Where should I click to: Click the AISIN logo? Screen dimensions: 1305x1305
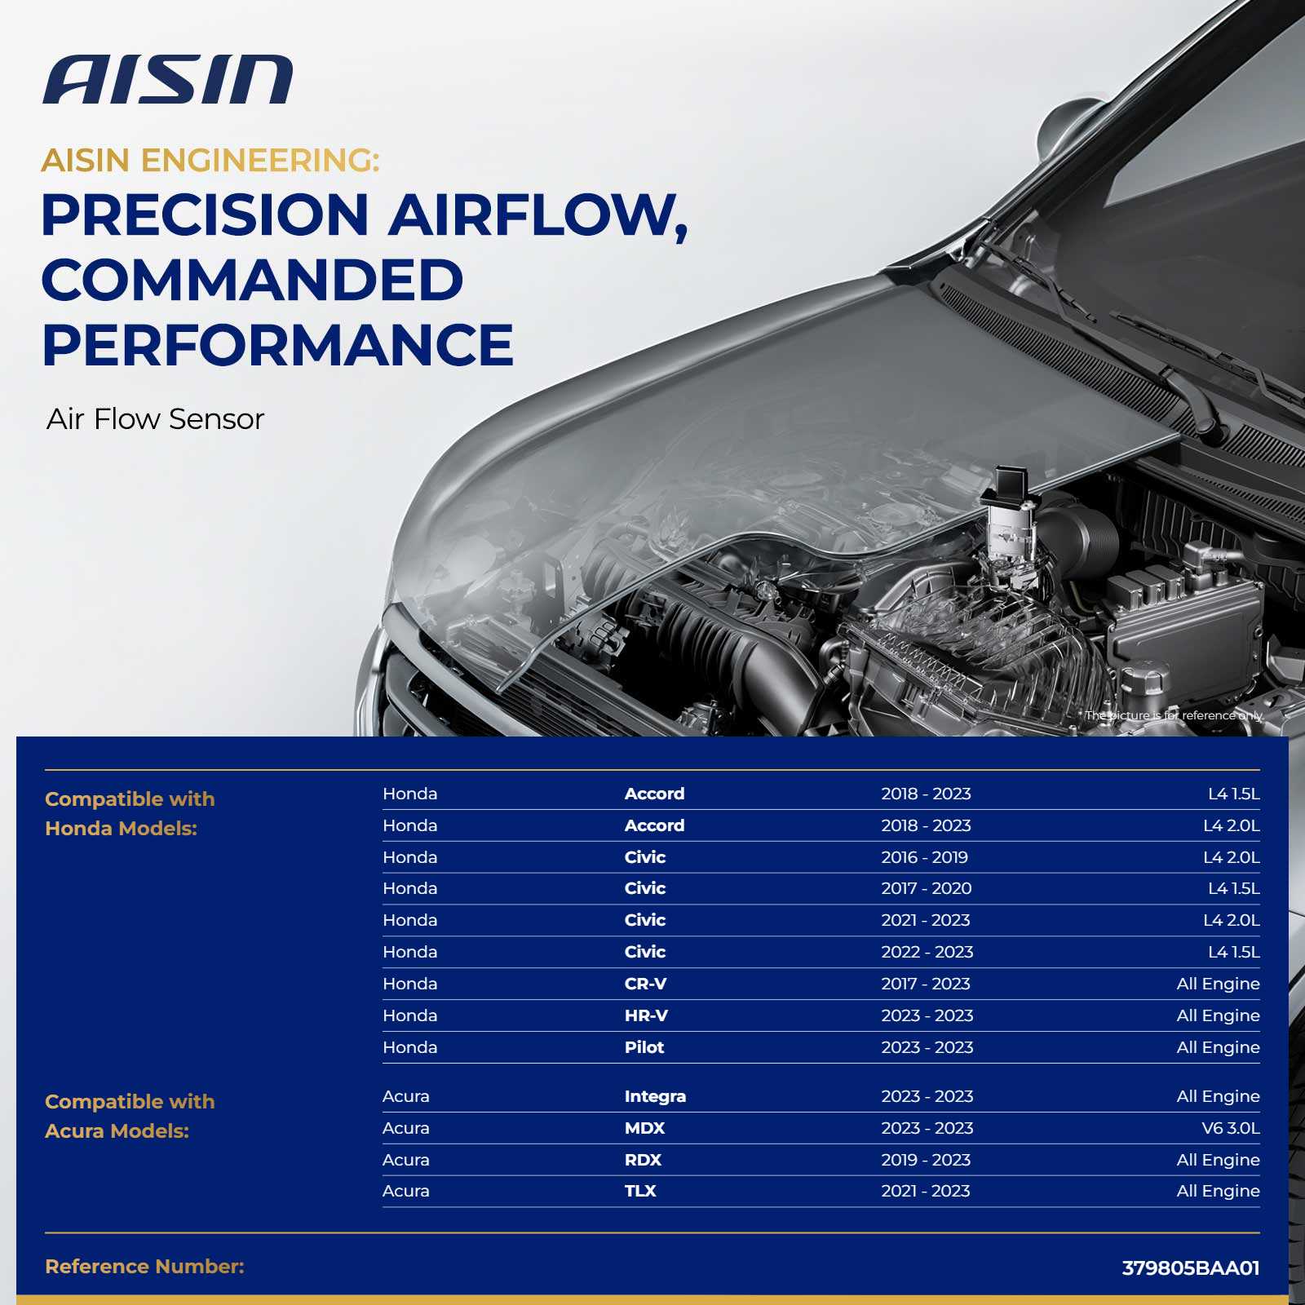pyautogui.click(x=167, y=80)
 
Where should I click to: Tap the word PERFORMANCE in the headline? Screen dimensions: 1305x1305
pyautogui.click(x=277, y=345)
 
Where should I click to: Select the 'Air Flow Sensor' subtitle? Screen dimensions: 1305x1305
pyautogui.click(x=155, y=419)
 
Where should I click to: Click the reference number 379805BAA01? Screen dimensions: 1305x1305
pyautogui.click(x=1191, y=1268)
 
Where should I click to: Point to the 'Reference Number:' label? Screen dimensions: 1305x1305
pyautogui.click(x=144, y=1267)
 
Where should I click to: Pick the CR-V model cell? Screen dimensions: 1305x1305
pyautogui.click(x=645, y=984)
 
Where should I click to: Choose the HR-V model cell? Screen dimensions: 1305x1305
pyautogui.click(x=646, y=1015)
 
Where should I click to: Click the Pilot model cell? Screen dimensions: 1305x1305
pyautogui.click(x=644, y=1047)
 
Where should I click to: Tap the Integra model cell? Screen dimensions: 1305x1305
pyautogui.click(x=655, y=1097)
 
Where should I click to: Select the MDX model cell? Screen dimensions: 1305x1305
pyautogui.click(x=644, y=1128)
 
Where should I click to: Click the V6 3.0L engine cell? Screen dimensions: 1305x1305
pyautogui.click(x=1231, y=1128)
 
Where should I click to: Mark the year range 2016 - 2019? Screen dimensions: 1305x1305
pyautogui.click(x=924, y=857)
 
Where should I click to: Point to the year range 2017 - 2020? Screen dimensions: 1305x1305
pyautogui.click(x=926, y=888)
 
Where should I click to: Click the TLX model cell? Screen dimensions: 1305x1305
pyautogui.click(x=640, y=1191)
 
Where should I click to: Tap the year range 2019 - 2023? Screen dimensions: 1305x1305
pyautogui.click(x=926, y=1160)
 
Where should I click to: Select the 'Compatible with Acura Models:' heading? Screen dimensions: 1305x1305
pyautogui.click(x=130, y=1117)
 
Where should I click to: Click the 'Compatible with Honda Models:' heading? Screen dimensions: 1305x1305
pyautogui.click(x=130, y=814)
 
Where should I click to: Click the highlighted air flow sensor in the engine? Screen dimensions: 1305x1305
pyautogui.click(x=1010, y=522)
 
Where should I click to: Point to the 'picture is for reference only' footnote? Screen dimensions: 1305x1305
pyautogui.click(x=1174, y=715)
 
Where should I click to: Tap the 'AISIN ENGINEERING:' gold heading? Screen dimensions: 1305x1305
pyautogui.click(x=210, y=161)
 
